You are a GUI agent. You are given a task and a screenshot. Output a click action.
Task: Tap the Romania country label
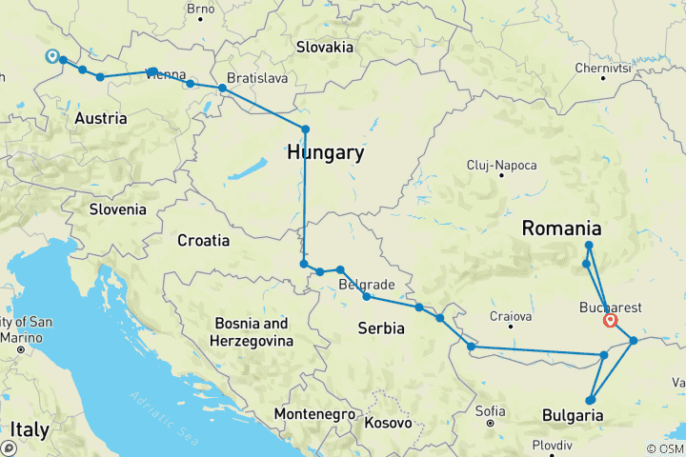click(561, 228)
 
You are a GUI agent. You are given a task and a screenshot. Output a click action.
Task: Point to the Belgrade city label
click(367, 285)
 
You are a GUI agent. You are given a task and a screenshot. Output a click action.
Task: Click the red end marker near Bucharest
click(610, 320)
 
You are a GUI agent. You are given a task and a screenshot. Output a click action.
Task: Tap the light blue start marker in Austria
click(51, 56)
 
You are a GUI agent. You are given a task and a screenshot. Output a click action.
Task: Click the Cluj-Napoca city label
click(497, 165)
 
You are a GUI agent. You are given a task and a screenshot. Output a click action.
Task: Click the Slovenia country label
click(118, 209)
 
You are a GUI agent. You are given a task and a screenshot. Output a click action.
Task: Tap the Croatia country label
click(203, 241)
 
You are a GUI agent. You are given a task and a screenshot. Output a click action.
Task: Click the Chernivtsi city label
click(602, 69)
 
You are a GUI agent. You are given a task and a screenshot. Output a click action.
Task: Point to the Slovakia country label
click(325, 47)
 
